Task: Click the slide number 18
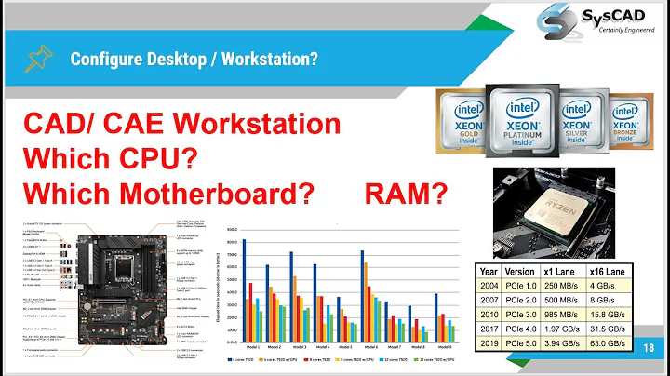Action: (650, 345)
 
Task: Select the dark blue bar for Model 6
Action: (362, 287)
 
